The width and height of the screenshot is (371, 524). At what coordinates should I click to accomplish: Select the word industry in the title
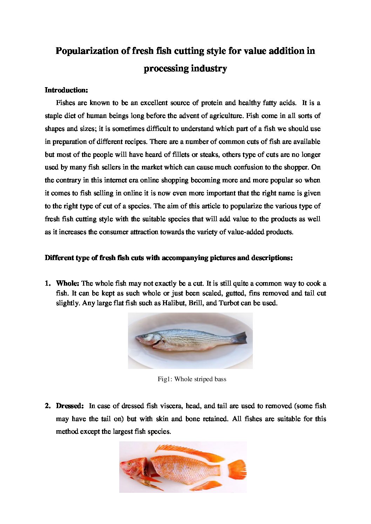pos(209,68)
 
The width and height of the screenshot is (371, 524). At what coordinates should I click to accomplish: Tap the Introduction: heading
pos(66,90)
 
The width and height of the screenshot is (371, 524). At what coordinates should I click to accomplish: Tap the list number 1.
pos(47,283)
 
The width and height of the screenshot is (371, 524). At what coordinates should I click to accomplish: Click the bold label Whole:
pos(68,283)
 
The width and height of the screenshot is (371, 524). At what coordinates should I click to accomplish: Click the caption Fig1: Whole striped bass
pos(192,379)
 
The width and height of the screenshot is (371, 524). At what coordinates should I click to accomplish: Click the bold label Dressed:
pos(70,406)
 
